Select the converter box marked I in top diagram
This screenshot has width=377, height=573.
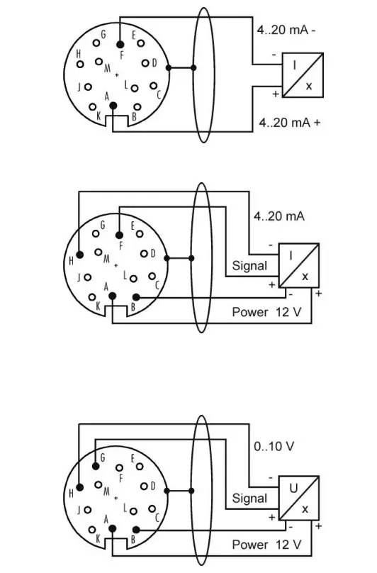pos(303,75)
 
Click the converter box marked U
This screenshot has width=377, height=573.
pos(298,497)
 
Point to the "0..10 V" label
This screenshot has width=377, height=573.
pos(274,447)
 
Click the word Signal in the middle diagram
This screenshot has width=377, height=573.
pos(250,266)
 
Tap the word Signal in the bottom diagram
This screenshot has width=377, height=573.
pos(250,498)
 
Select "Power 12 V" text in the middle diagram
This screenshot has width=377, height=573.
pos(266,312)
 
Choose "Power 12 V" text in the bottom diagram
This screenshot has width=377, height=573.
pos(266,545)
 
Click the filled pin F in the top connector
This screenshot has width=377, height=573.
pos(120,44)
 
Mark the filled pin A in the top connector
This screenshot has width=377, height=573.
pos(112,105)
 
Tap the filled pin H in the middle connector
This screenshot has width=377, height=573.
pos(79,254)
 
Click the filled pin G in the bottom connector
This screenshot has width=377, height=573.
pos(96,466)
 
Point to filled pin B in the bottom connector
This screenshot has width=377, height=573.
pos(136,529)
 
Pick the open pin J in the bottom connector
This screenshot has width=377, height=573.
pos(88,509)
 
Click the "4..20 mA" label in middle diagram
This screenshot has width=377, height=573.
pos(278,216)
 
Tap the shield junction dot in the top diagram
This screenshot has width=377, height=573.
pos(168,69)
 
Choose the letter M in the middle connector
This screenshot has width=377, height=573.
pos(107,260)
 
